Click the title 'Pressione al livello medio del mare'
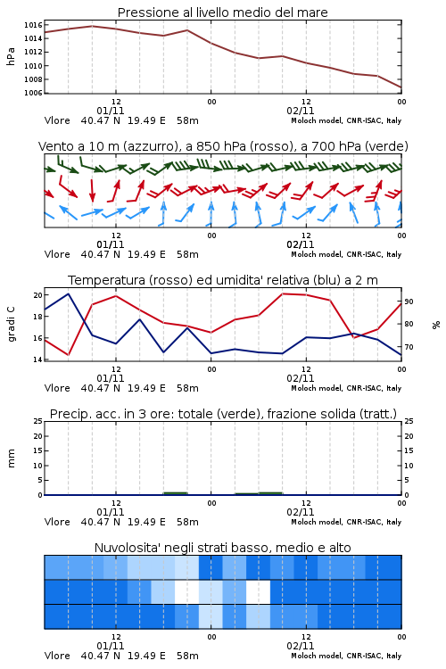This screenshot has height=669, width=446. (222, 12)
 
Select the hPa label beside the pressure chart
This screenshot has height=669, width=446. (11, 56)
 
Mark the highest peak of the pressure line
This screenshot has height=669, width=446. (92, 26)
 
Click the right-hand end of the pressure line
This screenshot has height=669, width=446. (401, 87)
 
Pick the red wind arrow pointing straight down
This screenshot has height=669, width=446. (92, 191)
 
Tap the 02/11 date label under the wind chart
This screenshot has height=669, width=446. (300, 244)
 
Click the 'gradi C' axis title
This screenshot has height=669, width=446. (12, 325)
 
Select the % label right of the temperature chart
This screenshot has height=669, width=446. (436, 325)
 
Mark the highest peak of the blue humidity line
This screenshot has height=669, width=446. (69, 293)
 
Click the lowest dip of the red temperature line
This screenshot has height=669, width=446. (69, 354)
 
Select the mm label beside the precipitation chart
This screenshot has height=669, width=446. (12, 458)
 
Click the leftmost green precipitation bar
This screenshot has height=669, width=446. (176, 493)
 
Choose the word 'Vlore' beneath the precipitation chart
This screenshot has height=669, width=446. (57, 522)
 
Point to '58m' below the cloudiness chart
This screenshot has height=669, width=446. (187, 656)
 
